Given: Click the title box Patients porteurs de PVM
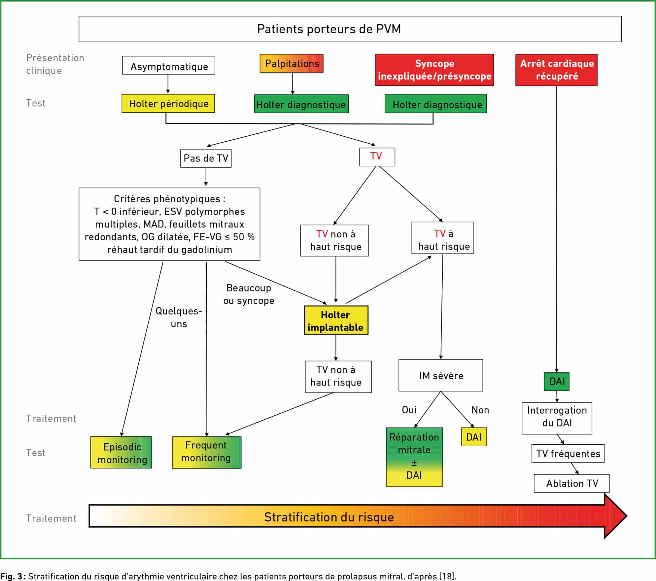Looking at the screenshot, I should (350, 29).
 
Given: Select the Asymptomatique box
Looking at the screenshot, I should (168, 65).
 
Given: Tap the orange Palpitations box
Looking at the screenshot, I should (291, 63).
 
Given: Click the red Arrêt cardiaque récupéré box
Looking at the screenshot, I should (556, 70).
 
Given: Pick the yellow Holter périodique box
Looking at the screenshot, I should (168, 103).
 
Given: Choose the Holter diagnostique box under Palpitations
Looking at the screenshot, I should (301, 104).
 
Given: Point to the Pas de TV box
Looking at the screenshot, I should (206, 158).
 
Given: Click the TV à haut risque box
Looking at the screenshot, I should (443, 238).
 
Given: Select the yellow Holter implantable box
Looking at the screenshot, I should (336, 320).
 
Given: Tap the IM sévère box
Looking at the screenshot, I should (441, 375).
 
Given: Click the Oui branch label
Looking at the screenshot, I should (409, 410).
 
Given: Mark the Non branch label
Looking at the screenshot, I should (480, 410).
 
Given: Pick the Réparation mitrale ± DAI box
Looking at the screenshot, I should (414, 457).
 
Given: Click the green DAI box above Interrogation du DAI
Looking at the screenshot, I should (556, 381).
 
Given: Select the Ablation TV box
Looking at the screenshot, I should (571, 483).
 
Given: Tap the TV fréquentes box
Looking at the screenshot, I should (568, 453).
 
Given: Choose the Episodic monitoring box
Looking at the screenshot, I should (121, 452).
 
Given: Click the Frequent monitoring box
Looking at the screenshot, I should (206, 452).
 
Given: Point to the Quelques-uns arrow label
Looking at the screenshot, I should (179, 317).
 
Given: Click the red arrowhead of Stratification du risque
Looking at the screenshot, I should (614, 516).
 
